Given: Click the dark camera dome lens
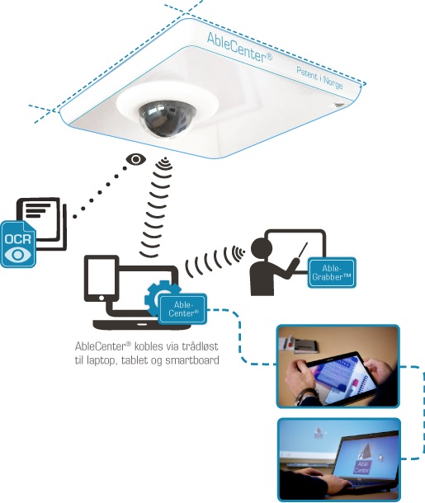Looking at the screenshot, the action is coord(168,119).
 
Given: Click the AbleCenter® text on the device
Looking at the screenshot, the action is coord(239,48).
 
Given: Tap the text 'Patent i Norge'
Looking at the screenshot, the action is coord(319,78).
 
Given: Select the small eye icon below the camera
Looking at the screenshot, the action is coord(136,159).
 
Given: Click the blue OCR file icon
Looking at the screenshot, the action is coord(18,243).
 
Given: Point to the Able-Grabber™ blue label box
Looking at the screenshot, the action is coord(332,272).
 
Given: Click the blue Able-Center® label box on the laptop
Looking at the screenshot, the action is coord(182,308).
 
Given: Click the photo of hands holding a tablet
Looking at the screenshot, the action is coord(338,366).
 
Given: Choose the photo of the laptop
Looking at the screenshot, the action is coord(339,459).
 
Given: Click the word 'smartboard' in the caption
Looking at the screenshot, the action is coord(192,360).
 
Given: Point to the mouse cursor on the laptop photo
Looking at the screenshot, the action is coord(380,458).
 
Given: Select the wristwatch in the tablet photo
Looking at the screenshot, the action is coord(301,397).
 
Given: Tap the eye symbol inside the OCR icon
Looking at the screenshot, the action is coord(18,255).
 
